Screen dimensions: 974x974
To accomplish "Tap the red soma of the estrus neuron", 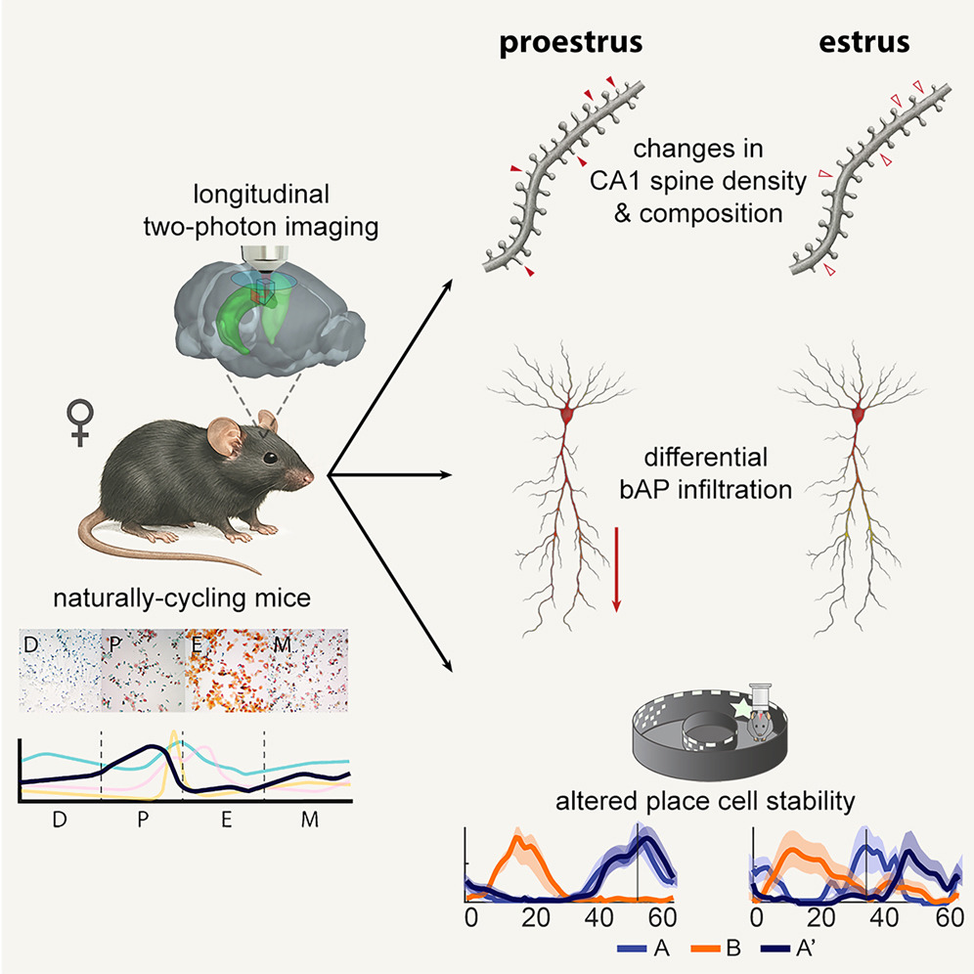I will [858, 415].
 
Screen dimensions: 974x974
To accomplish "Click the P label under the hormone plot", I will [143, 819].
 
